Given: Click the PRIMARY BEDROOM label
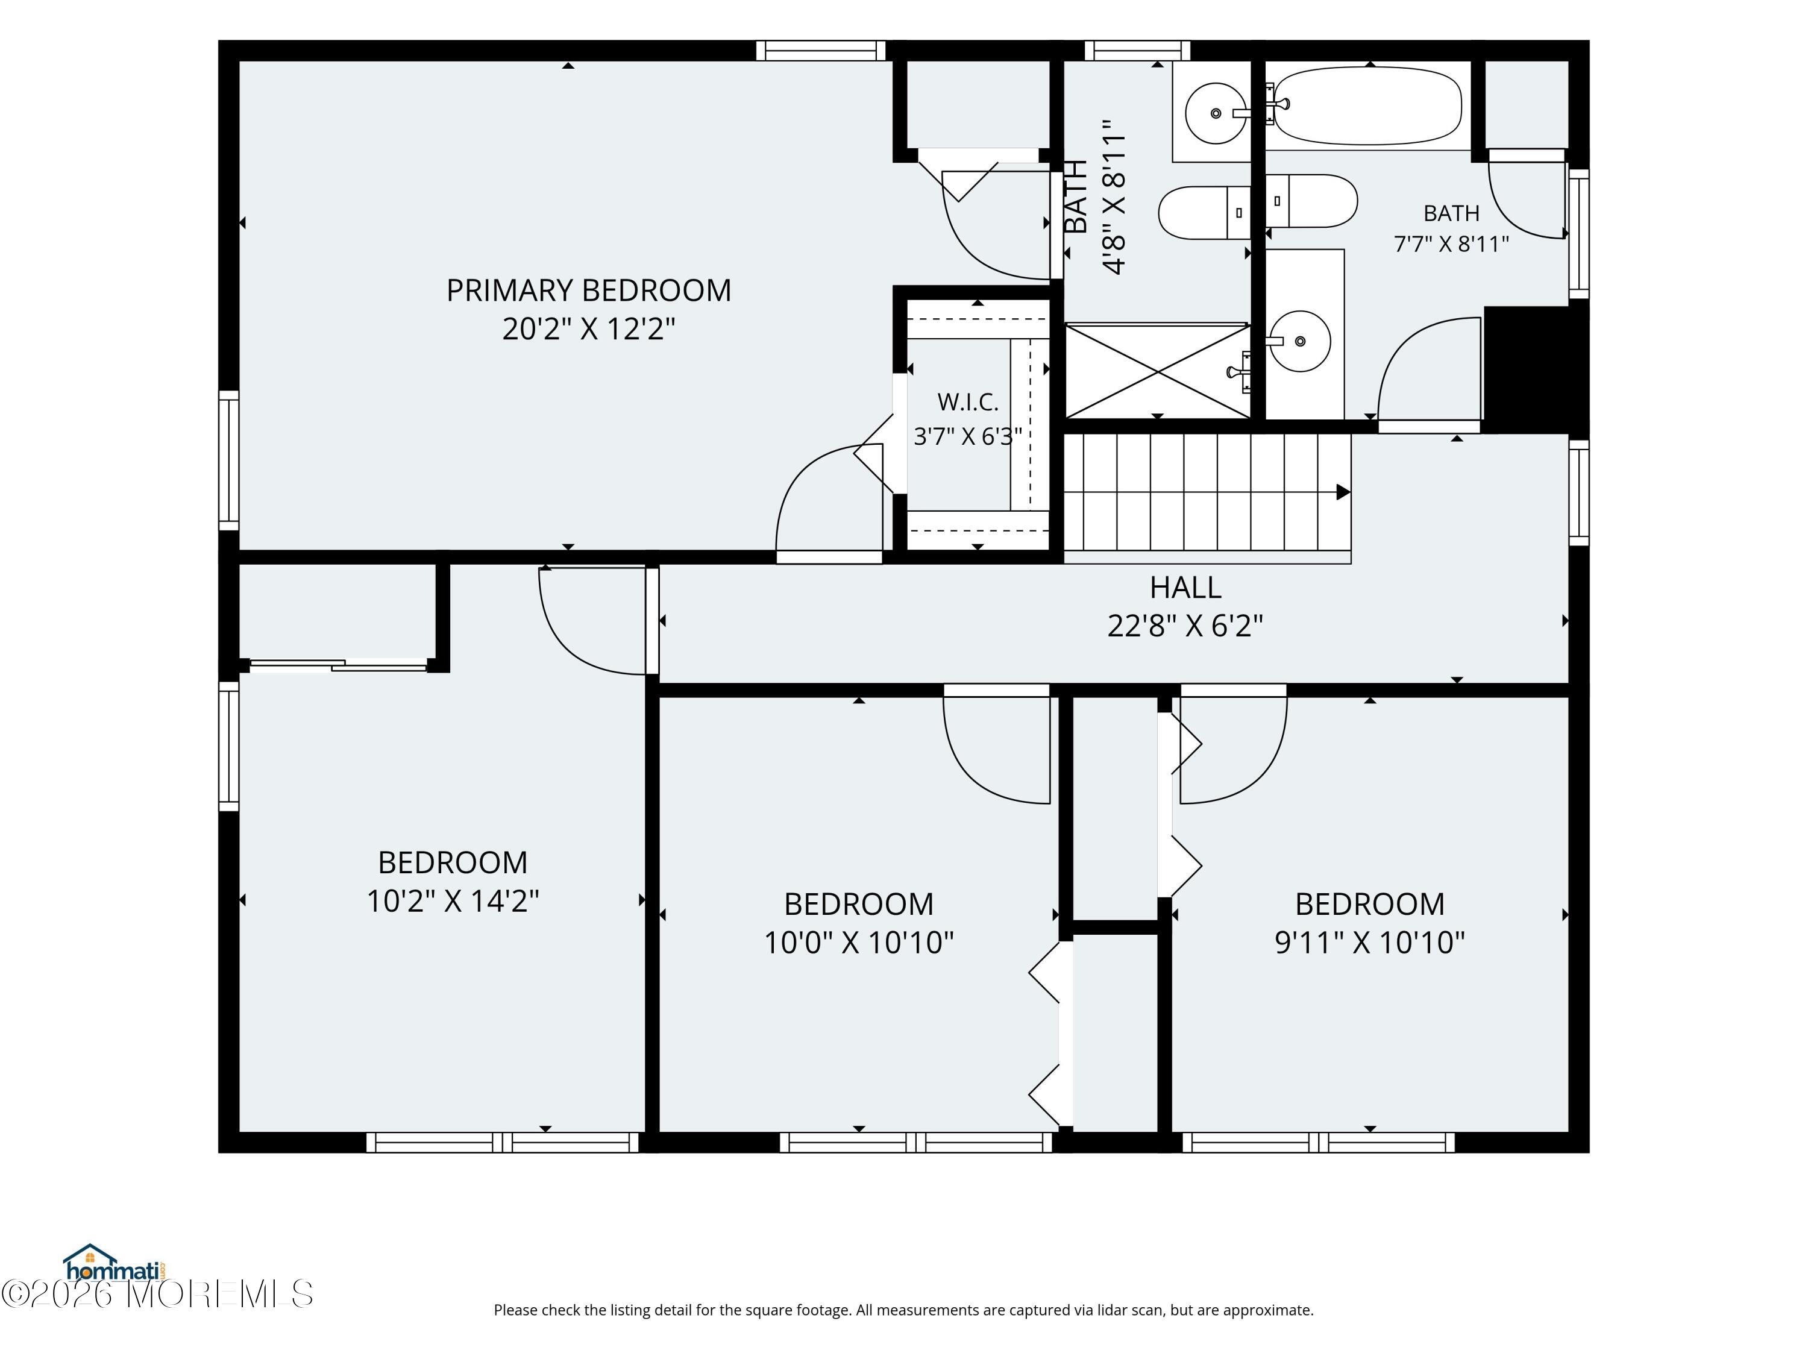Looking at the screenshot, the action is tap(588, 290).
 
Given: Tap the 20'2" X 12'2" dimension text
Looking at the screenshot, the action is tap(588, 328).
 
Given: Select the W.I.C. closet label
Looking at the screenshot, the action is tap(968, 402).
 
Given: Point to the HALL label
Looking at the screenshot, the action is tap(1185, 587).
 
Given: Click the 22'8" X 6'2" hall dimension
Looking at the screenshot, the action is tap(1185, 626).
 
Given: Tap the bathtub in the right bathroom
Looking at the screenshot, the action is tap(1367, 105).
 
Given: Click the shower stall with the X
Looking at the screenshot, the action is tap(1157, 371).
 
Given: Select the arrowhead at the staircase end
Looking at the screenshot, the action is tap(1343, 492).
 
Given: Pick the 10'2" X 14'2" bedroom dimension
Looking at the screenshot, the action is tap(453, 901).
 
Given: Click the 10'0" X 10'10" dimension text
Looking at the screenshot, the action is tap(858, 943).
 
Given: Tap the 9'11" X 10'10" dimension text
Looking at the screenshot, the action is tap(1370, 943).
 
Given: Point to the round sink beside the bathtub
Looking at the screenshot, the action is tap(1216, 113).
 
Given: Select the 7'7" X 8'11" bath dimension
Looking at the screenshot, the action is tap(1451, 243).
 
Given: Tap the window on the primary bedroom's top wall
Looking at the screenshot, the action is tap(821, 51).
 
